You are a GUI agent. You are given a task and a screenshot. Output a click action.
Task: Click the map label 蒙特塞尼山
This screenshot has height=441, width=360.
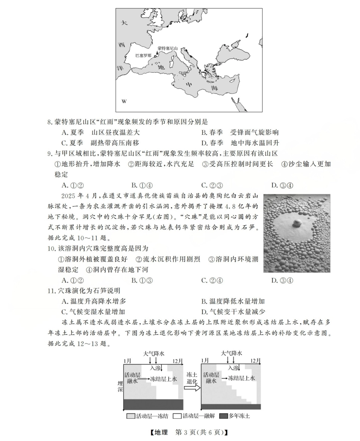pyautogui.click(x=167, y=49)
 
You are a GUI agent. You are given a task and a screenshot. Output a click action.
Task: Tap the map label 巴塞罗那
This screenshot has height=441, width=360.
pyautogui.click(x=144, y=55)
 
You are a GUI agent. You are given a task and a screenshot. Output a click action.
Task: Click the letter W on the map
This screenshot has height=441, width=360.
pyautogui.click(x=124, y=101)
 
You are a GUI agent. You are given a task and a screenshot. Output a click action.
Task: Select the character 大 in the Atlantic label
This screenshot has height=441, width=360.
pyautogui.click(x=123, y=23)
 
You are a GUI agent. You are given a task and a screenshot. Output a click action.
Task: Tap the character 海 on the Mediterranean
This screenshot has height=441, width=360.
pyautogui.click(x=214, y=89)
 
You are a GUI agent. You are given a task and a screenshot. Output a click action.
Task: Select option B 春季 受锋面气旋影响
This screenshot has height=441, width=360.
pyautogui.click(x=240, y=132)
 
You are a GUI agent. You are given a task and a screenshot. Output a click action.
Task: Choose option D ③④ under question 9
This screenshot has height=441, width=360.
pyautogui.click(x=282, y=185)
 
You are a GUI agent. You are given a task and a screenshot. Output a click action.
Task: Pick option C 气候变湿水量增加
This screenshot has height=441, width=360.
pyautogui.click(x=93, y=312)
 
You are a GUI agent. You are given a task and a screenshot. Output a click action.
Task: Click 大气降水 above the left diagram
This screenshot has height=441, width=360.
pyautogui.click(x=153, y=353)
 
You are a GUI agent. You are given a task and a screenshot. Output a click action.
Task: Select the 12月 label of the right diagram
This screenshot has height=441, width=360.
pyautogui.click(x=255, y=360)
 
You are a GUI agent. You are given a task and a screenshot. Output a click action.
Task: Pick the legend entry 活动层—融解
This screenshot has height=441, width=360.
pyautogui.click(x=194, y=416)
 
